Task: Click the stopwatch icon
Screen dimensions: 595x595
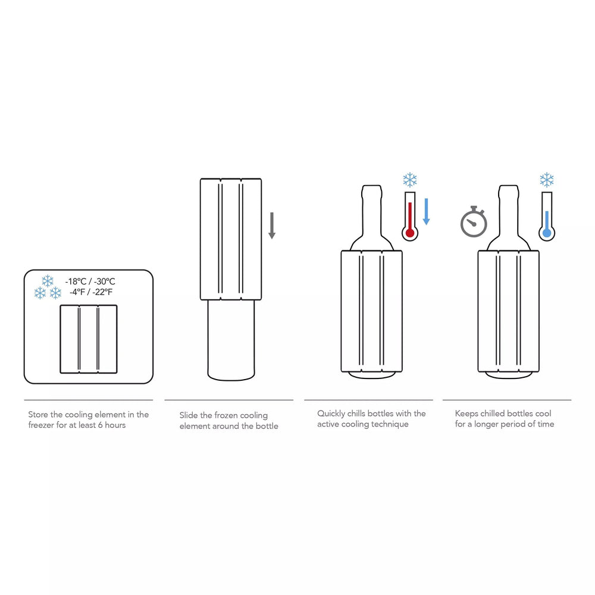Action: [474, 223]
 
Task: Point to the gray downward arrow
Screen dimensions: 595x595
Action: [272, 226]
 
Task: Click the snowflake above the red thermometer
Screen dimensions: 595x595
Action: [410, 180]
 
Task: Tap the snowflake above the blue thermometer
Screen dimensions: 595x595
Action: [546, 180]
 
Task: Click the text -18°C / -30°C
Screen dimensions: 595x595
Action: [90, 281]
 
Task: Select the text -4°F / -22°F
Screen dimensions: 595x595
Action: [90, 292]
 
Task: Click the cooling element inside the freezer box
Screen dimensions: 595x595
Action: [89, 339]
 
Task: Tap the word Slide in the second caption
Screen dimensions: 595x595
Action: [189, 415]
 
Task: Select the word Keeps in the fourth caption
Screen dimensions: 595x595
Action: [467, 414]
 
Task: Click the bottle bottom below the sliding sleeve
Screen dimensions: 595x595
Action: [231, 342]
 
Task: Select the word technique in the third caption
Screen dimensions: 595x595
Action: [390, 424]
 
